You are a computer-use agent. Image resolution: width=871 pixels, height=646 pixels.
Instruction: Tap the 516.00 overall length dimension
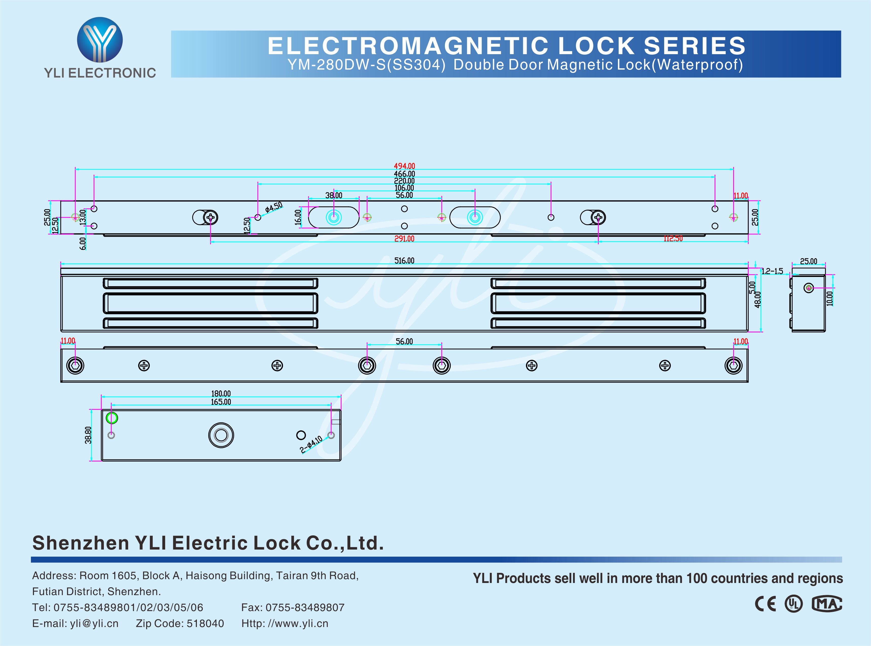(x=404, y=261)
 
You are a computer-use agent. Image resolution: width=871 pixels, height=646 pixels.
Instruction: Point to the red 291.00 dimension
(x=404, y=238)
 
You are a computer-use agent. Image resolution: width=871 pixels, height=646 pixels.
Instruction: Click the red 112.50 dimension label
(x=673, y=238)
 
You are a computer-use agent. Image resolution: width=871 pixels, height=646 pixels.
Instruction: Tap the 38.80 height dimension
(x=88, y=435)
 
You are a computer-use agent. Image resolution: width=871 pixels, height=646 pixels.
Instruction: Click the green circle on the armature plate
(x=112, y=418)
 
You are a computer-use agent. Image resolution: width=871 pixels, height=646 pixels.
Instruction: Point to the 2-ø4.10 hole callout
(x=311, y=444)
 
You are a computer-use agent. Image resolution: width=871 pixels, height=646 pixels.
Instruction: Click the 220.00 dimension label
(x=404, y=181)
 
